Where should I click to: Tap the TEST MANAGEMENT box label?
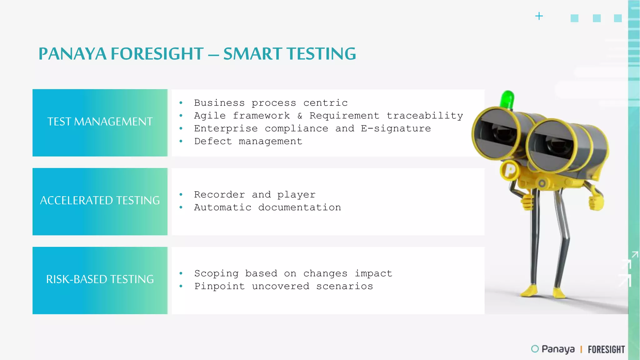(x=100, y=122)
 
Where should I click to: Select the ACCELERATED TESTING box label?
(x=100, y=200)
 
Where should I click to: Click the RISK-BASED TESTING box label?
(x=100, y=279)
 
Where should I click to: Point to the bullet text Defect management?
(x=248, y=141)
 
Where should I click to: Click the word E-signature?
(x=396, y=128)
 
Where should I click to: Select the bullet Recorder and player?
(x=255, y=195)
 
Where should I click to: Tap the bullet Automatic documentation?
(x=267, y=207)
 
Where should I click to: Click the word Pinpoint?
(x=219, y=286)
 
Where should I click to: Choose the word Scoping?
(x=216, y=273)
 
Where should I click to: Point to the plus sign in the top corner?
(x=539, y=16)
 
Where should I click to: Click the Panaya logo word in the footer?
(x=558, y=349)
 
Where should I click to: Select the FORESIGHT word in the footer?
(x=606, y=349)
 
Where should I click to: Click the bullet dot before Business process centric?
(x=181, y=103)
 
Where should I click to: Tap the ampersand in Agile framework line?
(x=300, y=116)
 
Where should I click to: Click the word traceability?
(x=425, y=116)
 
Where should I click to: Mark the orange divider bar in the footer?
(x=581, y=349)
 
